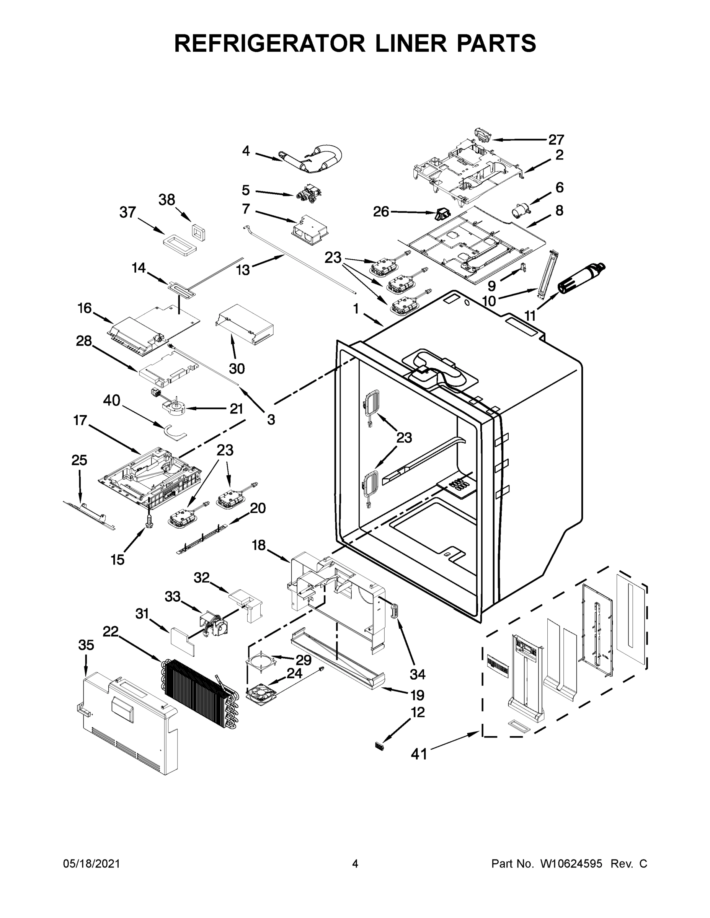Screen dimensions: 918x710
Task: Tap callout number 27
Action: tap(556, 140)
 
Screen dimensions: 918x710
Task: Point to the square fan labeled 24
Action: tap(261, 692)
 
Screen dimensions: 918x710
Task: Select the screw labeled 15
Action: tap(148, 522)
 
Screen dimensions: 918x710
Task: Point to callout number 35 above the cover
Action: tap(86, 645)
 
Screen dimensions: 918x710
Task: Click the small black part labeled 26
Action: tap(442, 215)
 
